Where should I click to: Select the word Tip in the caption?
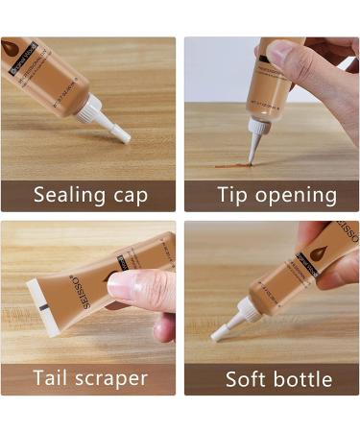click(x=232, y=195)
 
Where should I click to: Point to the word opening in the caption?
click(x=297, y=197)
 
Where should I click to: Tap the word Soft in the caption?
click(x=248, y=378)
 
